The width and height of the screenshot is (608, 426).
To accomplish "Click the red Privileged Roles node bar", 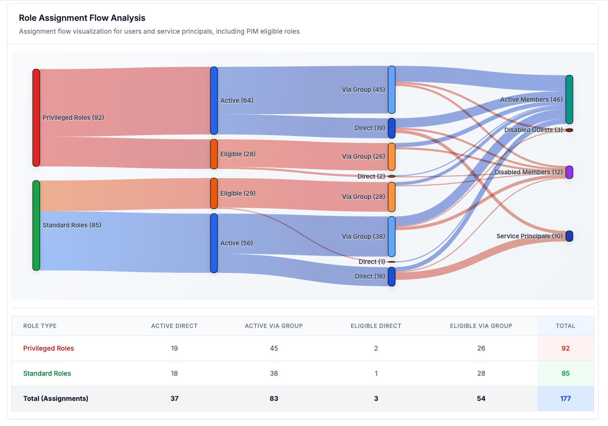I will (36, 118).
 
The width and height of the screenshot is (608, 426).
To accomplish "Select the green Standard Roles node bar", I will (36, 225).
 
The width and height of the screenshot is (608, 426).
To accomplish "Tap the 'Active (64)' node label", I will (236, 100).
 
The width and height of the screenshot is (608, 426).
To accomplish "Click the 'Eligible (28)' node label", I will (238, 154).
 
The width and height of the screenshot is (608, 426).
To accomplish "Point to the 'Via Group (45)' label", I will (363, 90).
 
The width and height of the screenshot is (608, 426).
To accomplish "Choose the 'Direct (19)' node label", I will (370, 128).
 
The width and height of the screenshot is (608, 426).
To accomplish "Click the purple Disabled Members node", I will (569, 172).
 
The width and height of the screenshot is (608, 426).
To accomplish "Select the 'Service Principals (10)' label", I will (529, 236).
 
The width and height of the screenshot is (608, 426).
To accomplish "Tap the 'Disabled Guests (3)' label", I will (533, 130).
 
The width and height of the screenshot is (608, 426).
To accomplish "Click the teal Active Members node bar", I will (569, 100).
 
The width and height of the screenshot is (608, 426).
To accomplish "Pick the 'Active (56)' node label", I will (236, 243).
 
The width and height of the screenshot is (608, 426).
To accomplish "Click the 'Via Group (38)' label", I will (363, 236).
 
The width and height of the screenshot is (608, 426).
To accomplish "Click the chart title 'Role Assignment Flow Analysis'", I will (82, 18).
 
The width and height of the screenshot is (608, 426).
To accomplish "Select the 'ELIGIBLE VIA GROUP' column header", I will (481, 326).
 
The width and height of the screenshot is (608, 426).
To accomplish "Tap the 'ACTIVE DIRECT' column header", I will (174, 326).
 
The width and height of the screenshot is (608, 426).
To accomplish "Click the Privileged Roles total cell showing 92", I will (565, 348).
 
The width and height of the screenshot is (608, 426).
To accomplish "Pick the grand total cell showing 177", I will (565, 399).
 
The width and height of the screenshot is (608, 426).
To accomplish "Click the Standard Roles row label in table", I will (47, 373).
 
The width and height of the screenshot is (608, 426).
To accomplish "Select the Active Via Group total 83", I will (273, 399).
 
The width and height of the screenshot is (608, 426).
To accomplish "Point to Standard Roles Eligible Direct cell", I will (376, 373).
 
